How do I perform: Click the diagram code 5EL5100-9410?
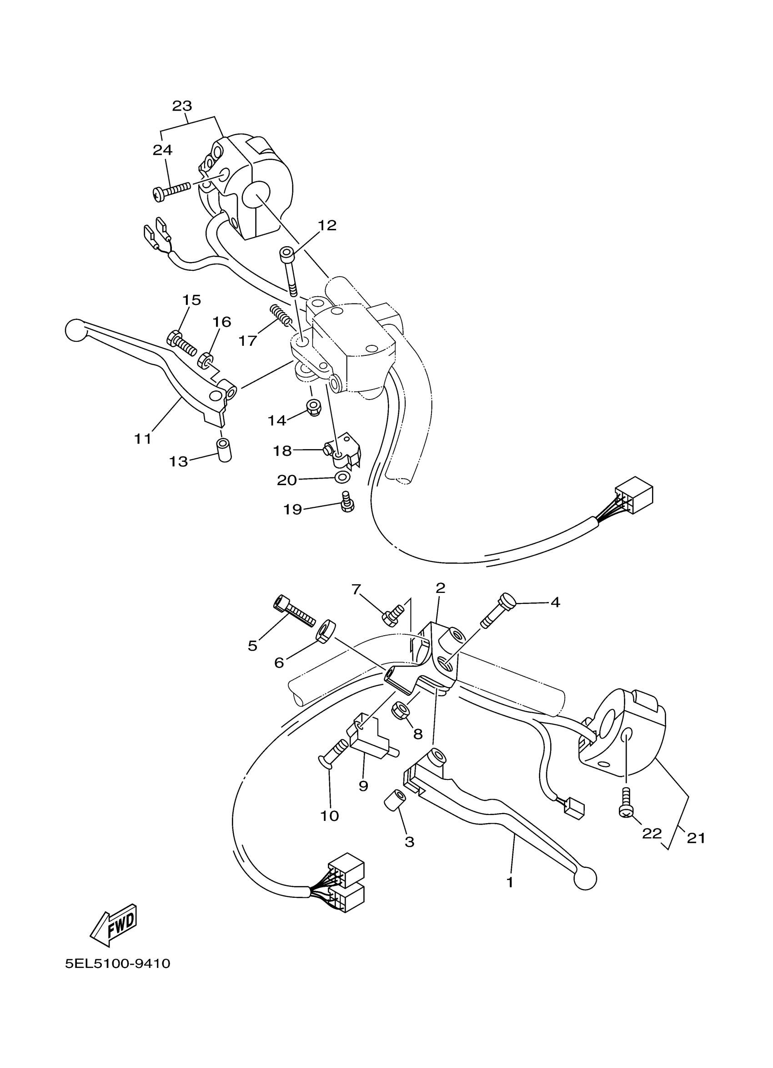tap(118, 964)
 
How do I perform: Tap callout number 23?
tap(181, 106)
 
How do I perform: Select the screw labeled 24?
tap(172, 191)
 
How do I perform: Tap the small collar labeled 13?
tap(224, 450)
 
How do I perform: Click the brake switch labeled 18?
tap(341, 450)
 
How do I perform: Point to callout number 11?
tap(143, 439)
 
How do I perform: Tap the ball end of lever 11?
tap(75, 330)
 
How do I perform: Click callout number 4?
tap(555, 602)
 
